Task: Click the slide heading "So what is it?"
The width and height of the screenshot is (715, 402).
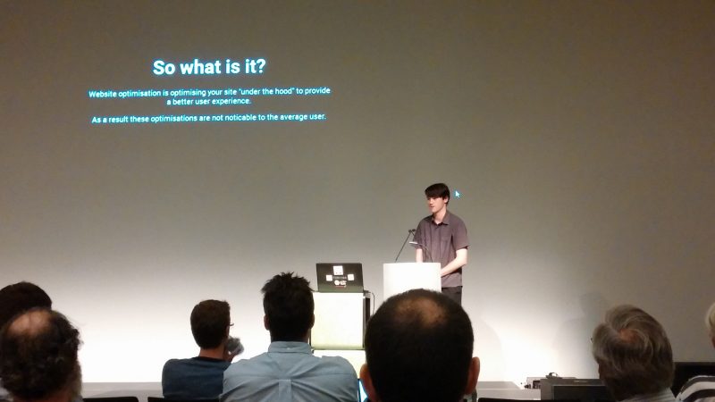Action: click(209, 67)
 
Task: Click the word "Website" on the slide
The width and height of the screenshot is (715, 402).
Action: click(103, 95)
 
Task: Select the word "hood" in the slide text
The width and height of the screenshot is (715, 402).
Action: click(283, 91)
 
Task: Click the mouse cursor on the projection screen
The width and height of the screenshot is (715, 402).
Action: click(458, 194)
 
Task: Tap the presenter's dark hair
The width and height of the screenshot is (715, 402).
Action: click(437, 191)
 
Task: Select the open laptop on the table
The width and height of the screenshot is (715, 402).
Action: click(340, 278)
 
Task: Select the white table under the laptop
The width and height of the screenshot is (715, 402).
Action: click(340, 321)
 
